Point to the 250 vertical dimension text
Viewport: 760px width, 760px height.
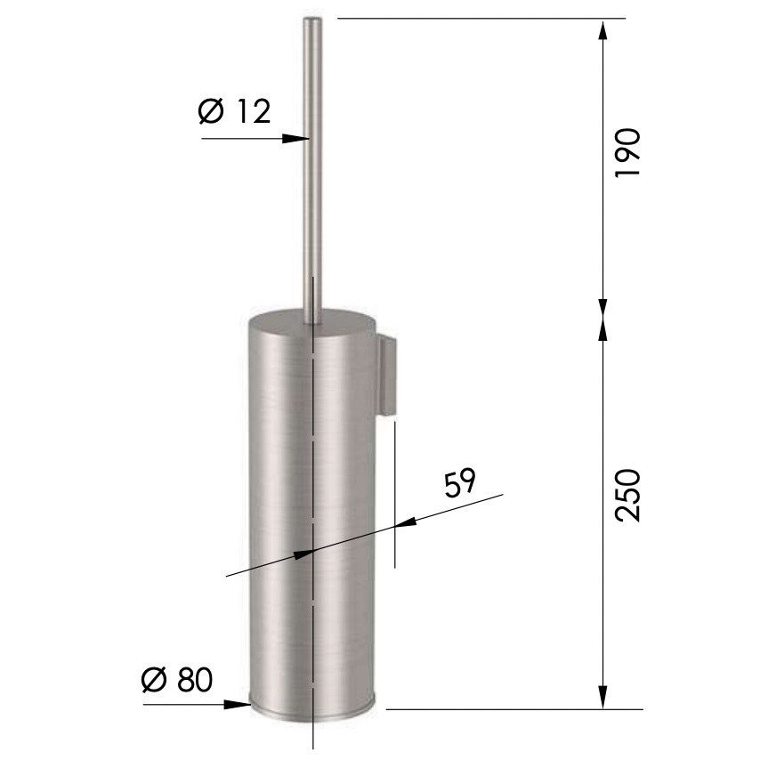click(x=628, y=494)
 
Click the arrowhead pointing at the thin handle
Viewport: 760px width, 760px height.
click(x=297, y=138)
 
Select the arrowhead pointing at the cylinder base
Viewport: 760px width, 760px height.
click(x=238, y=704)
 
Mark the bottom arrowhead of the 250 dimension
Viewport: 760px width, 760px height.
click(x=603, y=698)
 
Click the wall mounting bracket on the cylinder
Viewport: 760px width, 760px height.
click(x=385, y=374)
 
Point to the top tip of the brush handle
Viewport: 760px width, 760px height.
click(x=312, y=20)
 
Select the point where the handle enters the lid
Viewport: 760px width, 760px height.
click(x=312, y=322)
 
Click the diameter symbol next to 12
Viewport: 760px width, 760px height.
click(x=209, y=112)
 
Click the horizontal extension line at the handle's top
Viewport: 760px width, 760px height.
click(x=481, y=18)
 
